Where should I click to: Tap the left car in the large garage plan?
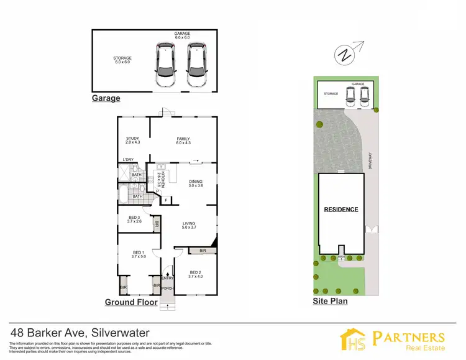[166, 65]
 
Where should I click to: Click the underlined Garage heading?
[106, 98]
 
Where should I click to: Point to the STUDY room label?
[132, 139]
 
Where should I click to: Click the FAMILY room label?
[183, 139]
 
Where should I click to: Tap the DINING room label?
[196, 182]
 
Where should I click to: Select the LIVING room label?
[189, 224]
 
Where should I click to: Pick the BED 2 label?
[195, 272]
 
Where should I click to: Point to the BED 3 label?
[134, 218]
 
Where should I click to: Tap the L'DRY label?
[128, 160]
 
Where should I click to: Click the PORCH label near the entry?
[167, 288]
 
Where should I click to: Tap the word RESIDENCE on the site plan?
[341, 209]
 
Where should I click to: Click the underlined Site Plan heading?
[329, 302]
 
